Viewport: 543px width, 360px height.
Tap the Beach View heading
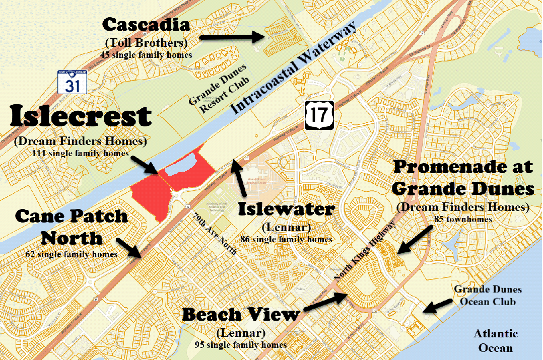pyautogui.click(x=240, y=315)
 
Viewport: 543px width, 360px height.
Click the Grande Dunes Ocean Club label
pyautogui.click(x=488, y=296)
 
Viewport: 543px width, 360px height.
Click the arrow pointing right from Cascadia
pyautogui.click(x=232, y=36)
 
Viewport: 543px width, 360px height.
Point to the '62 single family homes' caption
pyautogui.click(x=71, y=254)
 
